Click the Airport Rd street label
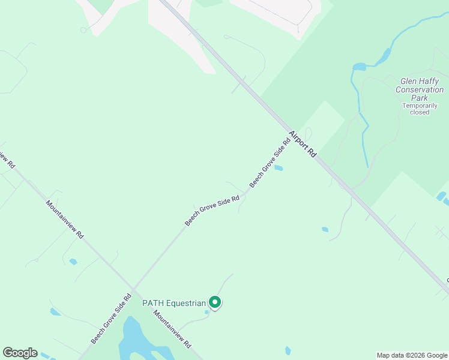tap(302, 144)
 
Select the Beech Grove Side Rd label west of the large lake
tap(111, 319)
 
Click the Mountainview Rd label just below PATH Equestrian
tap(172, 329)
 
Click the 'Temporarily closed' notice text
tap(416, 109)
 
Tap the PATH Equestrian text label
tap(174, 303)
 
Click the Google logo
tap(20, 353)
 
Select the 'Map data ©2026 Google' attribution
tap(412, 355)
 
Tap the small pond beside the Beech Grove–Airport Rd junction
tap(279, 168)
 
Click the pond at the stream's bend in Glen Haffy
tap(360, 67)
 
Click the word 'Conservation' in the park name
tap(420, 90)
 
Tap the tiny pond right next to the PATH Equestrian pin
tap(207, 311)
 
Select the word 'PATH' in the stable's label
tap(152, 303)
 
